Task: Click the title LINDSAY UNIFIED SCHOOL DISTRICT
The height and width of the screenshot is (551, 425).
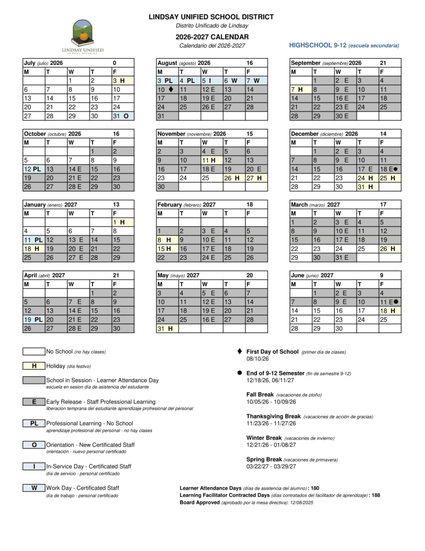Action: [x=211, y=17]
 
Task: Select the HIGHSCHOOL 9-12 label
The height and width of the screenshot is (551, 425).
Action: [x=344, y=45]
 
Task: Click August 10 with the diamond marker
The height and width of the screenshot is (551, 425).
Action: [x=167, y=89]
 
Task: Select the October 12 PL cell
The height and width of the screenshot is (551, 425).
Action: [x=33, y=169]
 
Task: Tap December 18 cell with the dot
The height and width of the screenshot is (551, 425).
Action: [x=390, y=169]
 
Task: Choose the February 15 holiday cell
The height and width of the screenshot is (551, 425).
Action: [x=167, y=249]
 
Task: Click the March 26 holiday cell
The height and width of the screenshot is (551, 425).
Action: [x=390, y=249]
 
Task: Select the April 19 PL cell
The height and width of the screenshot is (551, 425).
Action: [x=33, y=320]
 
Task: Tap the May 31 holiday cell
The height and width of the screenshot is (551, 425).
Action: [x=167, y=328]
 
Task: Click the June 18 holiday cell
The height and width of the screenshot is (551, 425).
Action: [x=390, y=310]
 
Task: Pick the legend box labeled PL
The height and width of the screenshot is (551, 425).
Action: [x=34, y=423]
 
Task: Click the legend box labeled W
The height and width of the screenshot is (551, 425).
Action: [x=34, y=488]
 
